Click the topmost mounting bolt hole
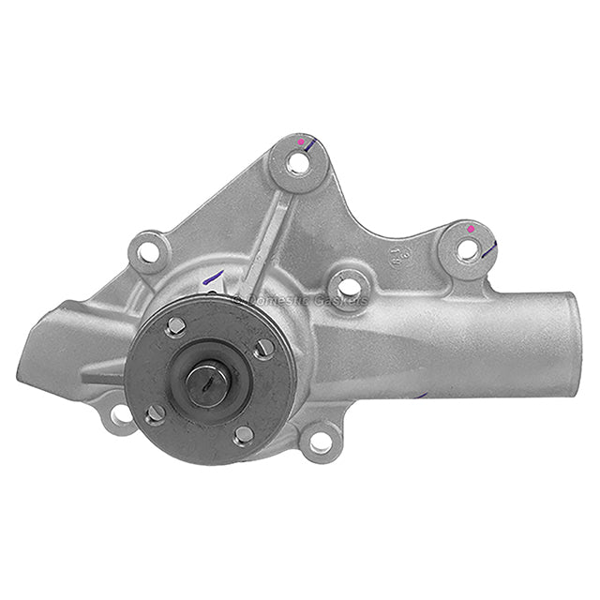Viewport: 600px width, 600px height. [298, 162]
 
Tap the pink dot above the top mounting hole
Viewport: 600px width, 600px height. [301, 142]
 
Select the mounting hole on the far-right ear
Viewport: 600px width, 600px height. [466, 249]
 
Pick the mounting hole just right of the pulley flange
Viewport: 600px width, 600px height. [348, 286]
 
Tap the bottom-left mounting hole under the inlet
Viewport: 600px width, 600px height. [121, 413]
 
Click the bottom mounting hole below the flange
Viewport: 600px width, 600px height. [320, 442]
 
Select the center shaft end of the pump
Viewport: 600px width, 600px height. [207, 382]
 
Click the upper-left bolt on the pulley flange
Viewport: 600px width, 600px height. [175, 325]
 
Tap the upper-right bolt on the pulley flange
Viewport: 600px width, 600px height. [264, 348]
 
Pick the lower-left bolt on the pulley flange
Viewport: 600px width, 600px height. [155, 413]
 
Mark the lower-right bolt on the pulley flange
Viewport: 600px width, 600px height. [243, 435]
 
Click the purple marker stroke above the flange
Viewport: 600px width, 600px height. [214, 278]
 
